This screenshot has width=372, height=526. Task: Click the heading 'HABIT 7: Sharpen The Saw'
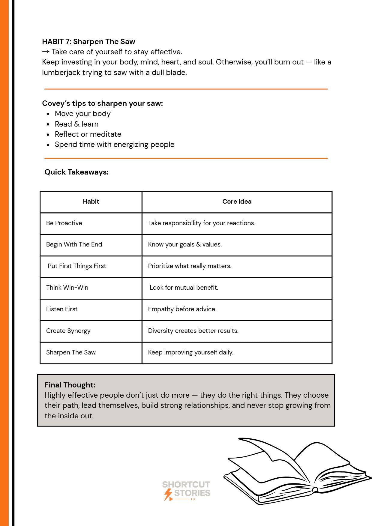tap(88, 41)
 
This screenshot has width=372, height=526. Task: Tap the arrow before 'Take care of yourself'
tap(46, 52)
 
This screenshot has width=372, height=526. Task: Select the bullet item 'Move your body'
tap(82, 114)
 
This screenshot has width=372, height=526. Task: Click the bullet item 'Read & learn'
tap(76, 124)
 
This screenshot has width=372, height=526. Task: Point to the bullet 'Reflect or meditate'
tap(88, 134)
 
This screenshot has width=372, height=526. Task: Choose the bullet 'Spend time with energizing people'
tap(114, 145)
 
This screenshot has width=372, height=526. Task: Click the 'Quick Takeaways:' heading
tap(76, 172)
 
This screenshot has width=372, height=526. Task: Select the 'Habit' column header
tap(91, 202)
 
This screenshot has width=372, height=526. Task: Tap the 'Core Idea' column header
tap(237, 202)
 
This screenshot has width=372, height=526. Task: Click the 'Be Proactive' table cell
tap(64, 223)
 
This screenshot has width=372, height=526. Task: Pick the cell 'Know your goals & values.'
tap(185, 244)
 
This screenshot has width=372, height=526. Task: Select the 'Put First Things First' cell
tap(77, 266)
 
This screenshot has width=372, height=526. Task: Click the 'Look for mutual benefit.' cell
tap(184, 288)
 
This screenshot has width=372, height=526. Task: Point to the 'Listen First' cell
tap(62, 309)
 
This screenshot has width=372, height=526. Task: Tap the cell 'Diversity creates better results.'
tap(193, 331)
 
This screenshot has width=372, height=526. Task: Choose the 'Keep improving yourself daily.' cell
tap(190, 352)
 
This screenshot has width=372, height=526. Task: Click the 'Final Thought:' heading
tap(70, 385)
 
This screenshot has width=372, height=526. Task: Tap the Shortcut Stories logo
tap(186, 491)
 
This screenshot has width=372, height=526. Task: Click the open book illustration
tap(297, 471)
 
